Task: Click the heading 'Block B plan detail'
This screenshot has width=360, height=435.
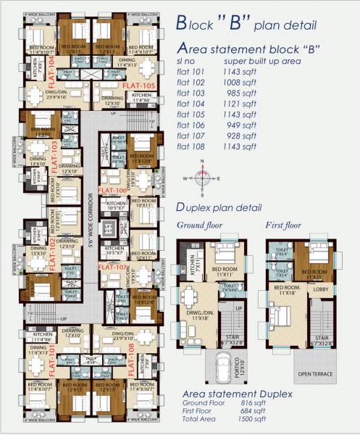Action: [246, 23]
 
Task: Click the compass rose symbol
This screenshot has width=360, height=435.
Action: [205, 177]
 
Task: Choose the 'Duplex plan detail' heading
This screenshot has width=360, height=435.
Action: [225, 207]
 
